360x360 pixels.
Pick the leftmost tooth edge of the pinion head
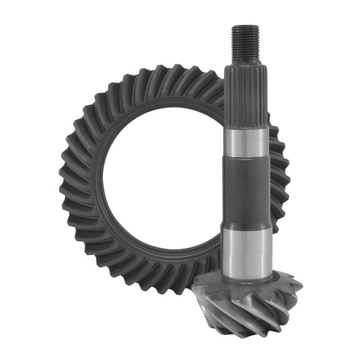click(194, 293)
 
